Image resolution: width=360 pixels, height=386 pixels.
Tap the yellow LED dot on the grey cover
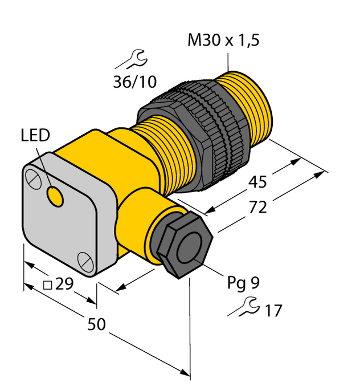point(55,196)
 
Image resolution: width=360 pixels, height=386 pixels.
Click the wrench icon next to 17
point(242,308)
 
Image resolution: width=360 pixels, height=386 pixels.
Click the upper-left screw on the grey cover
point(34,178)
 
